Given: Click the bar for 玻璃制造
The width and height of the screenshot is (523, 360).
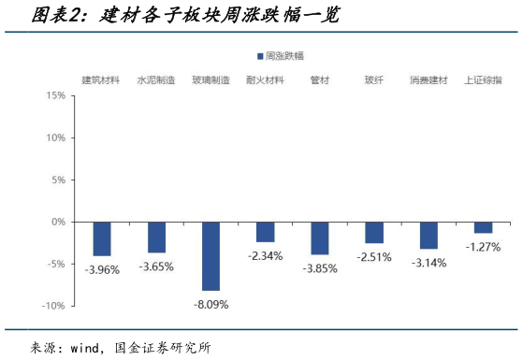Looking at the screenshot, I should point(211,256).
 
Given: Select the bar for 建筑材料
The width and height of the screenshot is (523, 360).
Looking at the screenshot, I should point(102,238).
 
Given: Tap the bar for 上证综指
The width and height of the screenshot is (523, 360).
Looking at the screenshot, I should point(483,227).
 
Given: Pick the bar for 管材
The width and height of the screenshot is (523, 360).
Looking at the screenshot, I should point(320,238).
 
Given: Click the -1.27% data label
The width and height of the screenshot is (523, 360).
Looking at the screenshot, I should point(483,247).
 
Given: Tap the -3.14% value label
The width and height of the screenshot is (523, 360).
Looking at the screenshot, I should point(429,263).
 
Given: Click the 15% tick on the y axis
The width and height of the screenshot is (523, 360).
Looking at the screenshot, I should point(54,95).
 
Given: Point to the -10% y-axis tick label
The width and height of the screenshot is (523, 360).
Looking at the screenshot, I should point(52,306).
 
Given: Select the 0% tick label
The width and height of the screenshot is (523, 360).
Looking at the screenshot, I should point(57,222).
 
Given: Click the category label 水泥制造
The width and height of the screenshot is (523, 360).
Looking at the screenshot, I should point(156,79).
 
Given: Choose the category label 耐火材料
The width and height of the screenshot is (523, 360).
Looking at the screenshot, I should point(265,79).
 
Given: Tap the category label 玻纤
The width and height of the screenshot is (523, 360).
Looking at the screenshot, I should point(374,79).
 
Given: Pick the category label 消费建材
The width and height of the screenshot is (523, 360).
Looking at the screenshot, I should point(429,79).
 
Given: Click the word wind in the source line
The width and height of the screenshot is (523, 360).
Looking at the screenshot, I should point(87,347).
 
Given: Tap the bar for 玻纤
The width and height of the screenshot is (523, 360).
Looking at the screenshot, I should point(374,233).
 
